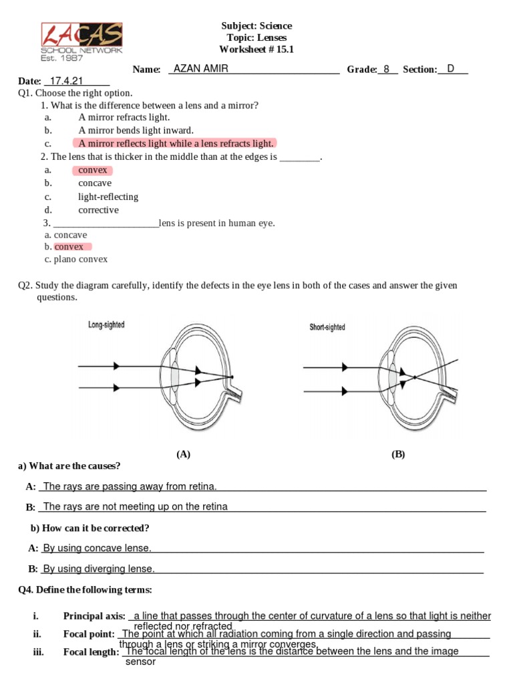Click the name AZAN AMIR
(200, 68)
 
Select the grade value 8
(386, 69)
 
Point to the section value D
(451, 68)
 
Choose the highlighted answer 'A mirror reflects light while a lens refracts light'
(176, 143)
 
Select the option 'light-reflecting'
(108, 197)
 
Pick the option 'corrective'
(98, 210)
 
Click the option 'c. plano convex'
(76, 259)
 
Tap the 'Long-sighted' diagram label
(106, 325)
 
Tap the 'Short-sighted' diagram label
(327, 327)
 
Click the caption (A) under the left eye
(184, 454)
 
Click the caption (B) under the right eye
(398, 454)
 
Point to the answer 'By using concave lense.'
(97, 549)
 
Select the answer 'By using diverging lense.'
(99, 569)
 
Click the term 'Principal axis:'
(94, 615)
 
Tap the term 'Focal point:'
(90, 633)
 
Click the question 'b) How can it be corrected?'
(90, 528)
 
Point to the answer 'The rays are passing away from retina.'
(130, 486)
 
